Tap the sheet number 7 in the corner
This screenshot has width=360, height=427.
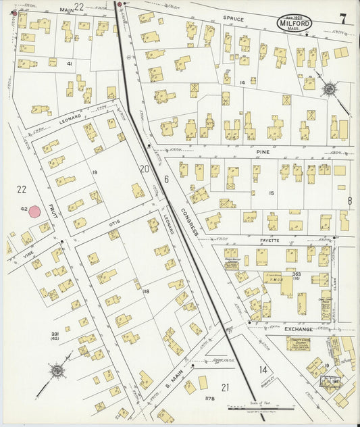(343, 18)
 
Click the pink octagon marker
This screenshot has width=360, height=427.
(34, 211)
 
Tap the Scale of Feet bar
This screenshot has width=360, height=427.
(261, 407)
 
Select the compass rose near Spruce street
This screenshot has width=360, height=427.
(329, 89)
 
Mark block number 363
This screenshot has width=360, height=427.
(297, 274)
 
